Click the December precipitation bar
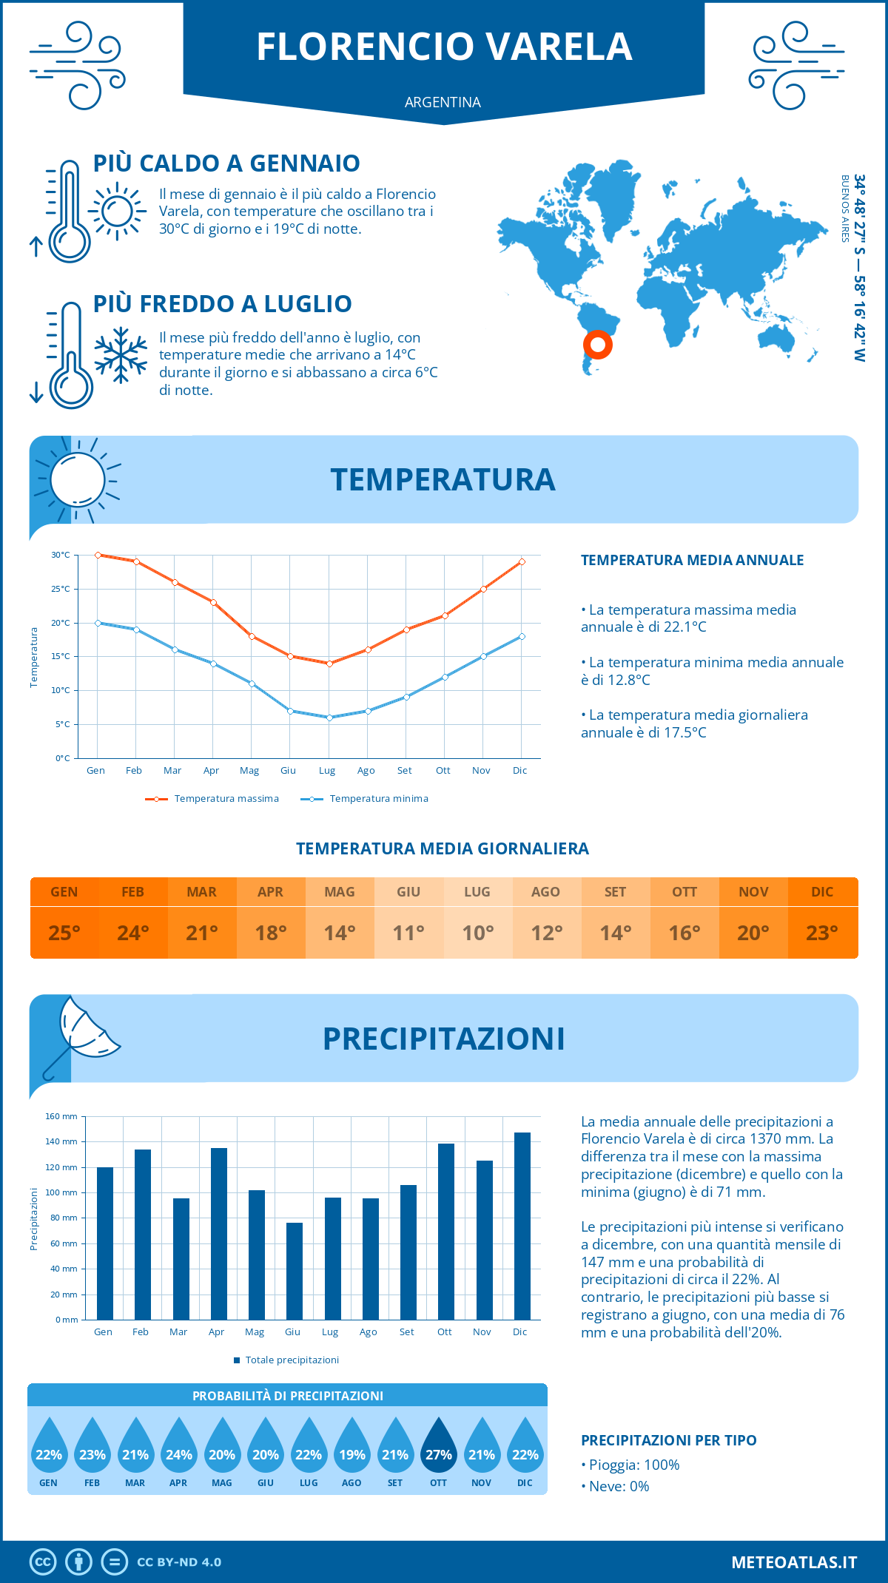pos(522,1226)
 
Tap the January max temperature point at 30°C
pos(98,555)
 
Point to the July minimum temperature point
pos(329,718)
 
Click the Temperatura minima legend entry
pos(365,799)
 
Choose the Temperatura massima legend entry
pos(212,799)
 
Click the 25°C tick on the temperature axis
pos(61,589)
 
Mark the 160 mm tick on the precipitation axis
pos(62,1116)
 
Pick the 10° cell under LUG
pos(477,933)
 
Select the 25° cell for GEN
pos(64,933)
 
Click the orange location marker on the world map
pos(598,344)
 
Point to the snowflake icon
pos(121,355)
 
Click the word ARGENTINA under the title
pos(443,102)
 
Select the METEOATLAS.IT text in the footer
pos(794,1562)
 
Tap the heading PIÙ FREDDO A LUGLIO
pos(222,303)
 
